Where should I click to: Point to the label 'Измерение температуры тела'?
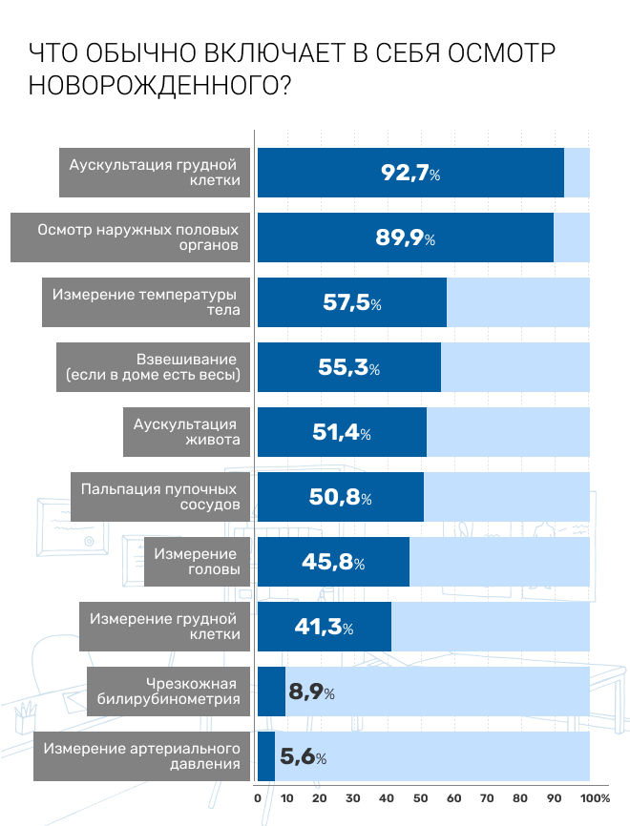(147, 302)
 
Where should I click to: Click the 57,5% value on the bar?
(352, 303)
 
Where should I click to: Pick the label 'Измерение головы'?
(196, 562)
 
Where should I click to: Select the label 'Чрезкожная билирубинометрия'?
(169, 692)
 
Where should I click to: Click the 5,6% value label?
(304, 757)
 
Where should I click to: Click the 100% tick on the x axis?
(595, 797)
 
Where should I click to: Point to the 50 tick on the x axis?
(420, 797)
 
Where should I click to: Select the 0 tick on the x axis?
(258, 797)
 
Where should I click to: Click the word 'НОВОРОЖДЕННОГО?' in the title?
(160, 86)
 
